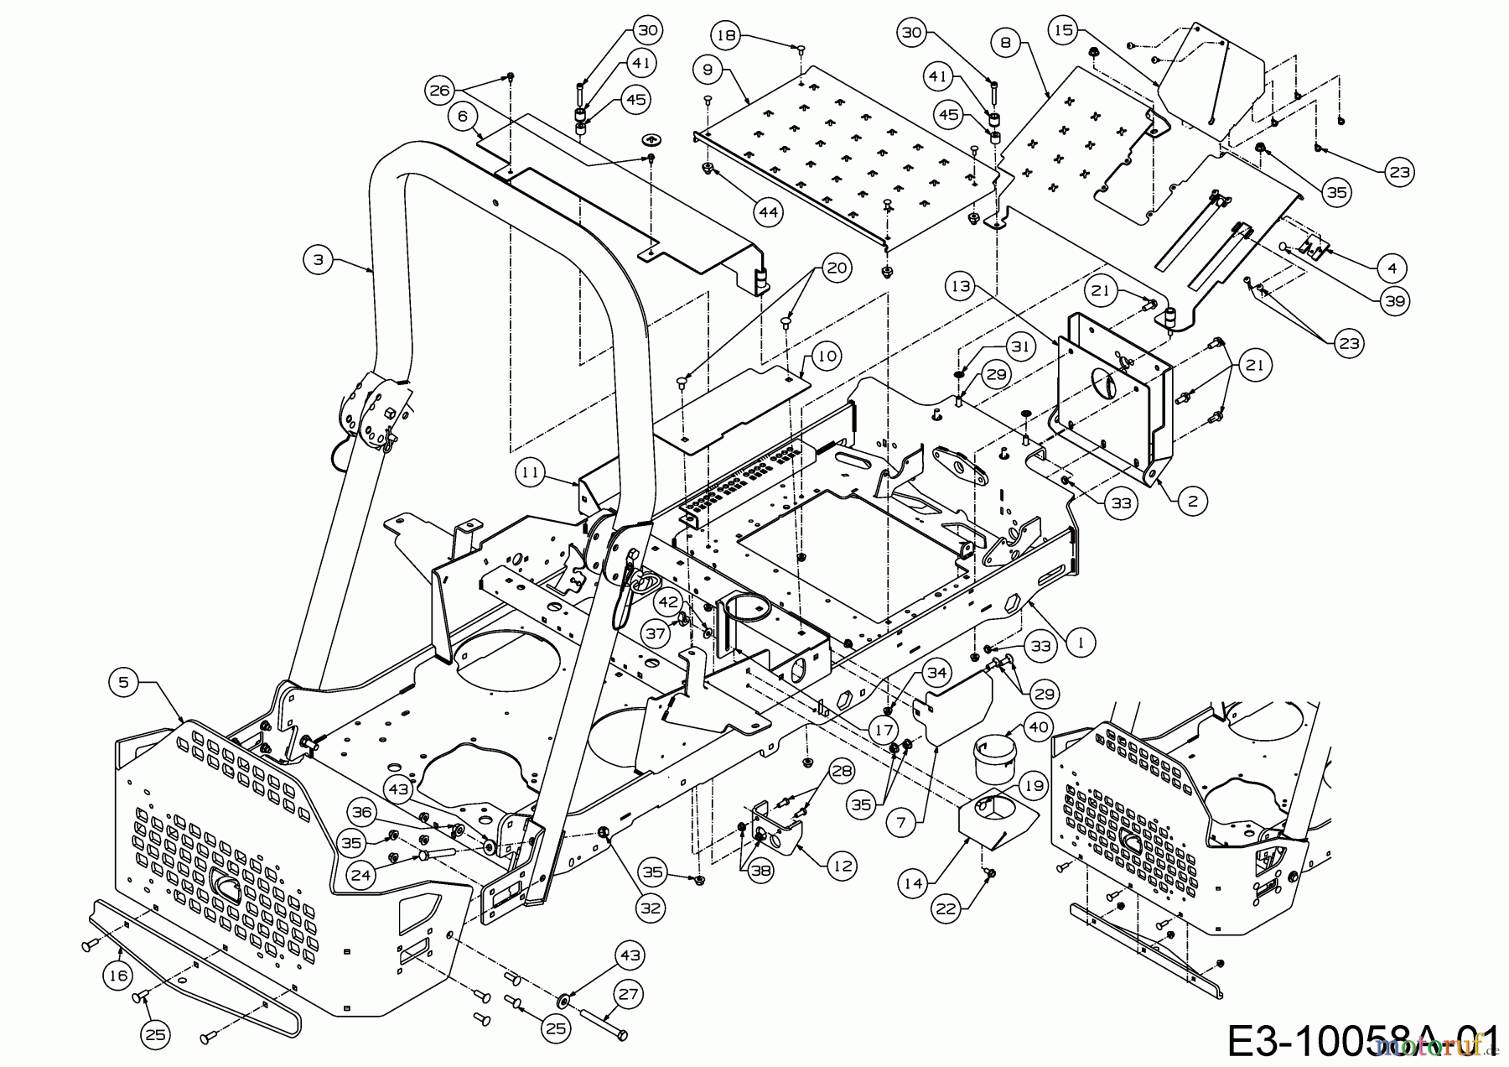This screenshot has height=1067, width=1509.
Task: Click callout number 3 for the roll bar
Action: tap(318, 260)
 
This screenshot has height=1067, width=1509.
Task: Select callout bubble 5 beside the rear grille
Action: tap(124, 682)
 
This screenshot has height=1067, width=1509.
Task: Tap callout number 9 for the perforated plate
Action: tap(708, 70)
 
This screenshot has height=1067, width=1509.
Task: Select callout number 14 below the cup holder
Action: tap(913, 882)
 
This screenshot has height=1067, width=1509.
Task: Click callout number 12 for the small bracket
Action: tap(843, 867)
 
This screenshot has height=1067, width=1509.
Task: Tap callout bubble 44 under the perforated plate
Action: tap(769, 211)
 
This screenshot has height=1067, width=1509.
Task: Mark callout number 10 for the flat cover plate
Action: tap(826, 356)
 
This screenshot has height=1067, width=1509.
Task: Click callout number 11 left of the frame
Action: tap(529, 472)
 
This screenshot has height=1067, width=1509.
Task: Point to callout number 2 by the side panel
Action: tap(1192, 502)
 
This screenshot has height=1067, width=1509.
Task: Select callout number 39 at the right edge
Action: tap(1395, 300)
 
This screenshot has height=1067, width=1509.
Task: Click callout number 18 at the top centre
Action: tap(727, 35)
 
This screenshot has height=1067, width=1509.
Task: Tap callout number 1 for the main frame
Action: tap(1081, 643)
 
